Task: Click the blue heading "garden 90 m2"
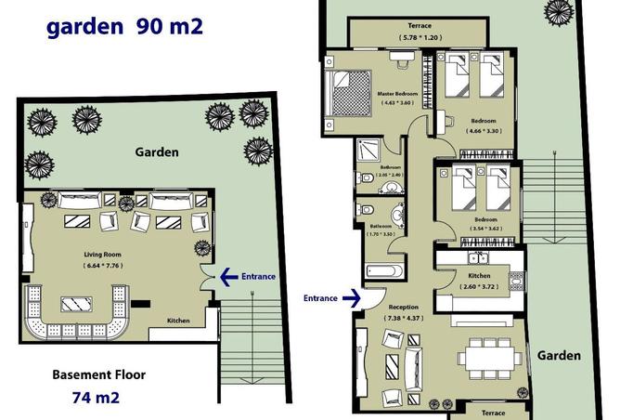click(123, 25)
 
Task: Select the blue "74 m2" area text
click(96, 398)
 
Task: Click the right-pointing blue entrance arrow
click(350, 298)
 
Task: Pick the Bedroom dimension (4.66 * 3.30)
click(483, 131)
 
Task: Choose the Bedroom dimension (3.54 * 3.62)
click(483, 229)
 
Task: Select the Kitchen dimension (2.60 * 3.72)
click(481, 286)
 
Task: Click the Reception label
click(404, 307)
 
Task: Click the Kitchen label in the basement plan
click(179, 321)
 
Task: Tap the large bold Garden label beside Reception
click(558, 355)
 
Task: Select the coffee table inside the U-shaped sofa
click(71, 304)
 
